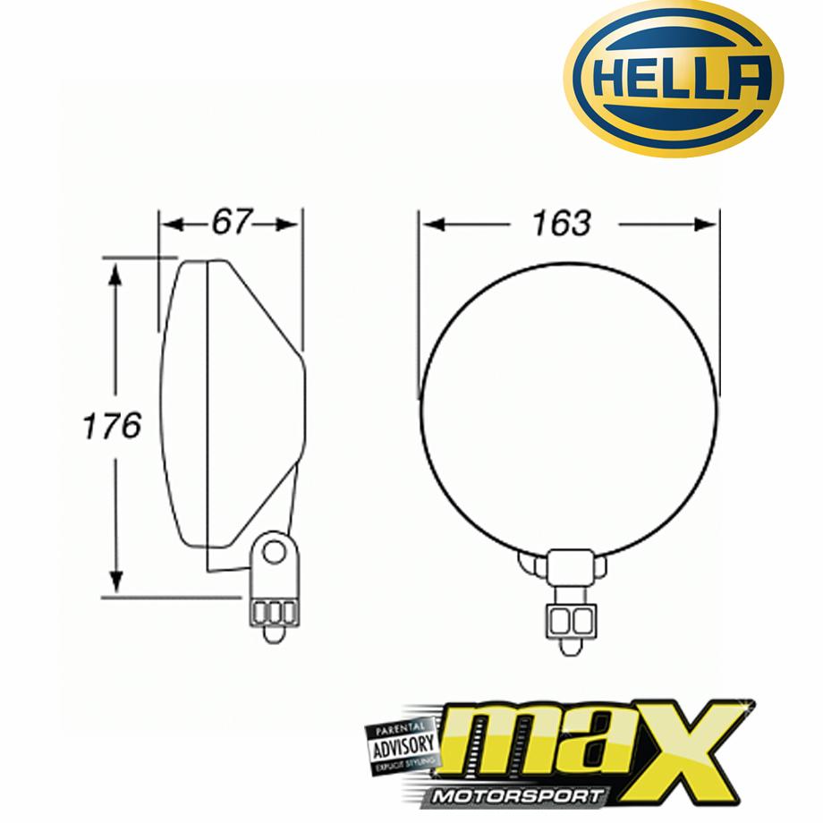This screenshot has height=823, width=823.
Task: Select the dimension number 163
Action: pos(561,223)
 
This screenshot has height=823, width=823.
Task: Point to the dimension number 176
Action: pos(112,426)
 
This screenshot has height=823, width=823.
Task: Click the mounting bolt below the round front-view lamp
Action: pos(567,621)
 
